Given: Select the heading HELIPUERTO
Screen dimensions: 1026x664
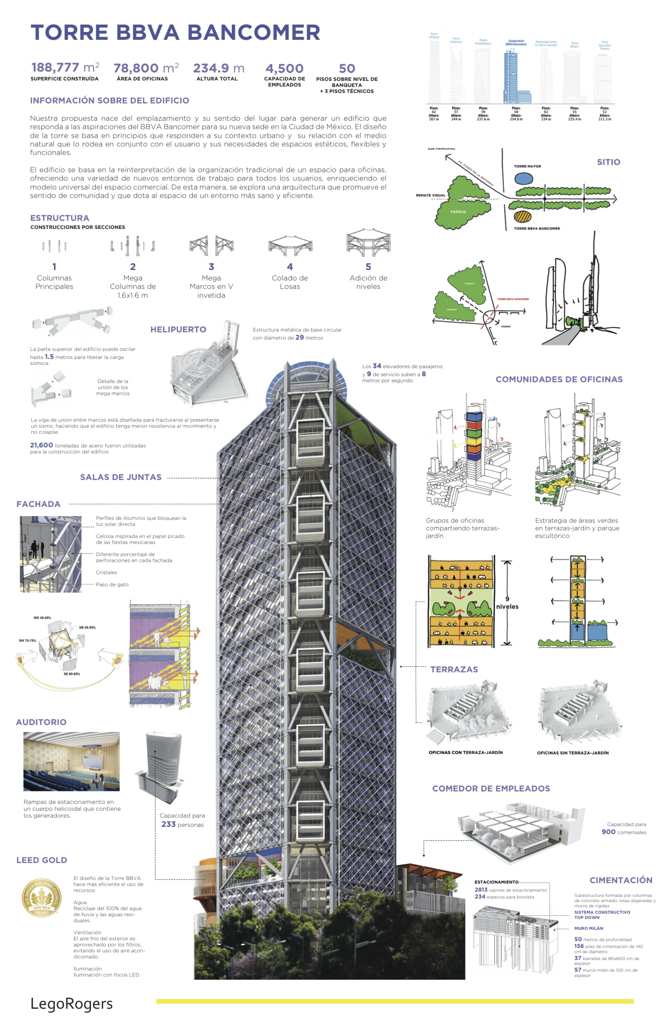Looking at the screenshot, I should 178,329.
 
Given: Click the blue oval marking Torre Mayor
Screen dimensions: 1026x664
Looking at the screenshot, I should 524,178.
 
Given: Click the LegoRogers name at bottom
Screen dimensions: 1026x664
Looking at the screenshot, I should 72,1003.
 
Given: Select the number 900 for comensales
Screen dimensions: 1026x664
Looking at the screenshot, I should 608,832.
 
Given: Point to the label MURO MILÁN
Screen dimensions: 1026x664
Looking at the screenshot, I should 589,928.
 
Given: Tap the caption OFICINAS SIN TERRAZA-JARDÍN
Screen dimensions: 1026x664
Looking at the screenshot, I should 573,753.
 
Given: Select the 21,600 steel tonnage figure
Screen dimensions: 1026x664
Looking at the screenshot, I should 41,445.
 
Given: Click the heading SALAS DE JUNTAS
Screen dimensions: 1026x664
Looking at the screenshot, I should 121,477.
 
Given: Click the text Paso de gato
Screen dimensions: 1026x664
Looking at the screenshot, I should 112,584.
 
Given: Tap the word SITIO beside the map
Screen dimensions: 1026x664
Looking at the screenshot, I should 608,162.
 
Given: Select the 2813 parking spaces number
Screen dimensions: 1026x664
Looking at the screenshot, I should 481,890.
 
